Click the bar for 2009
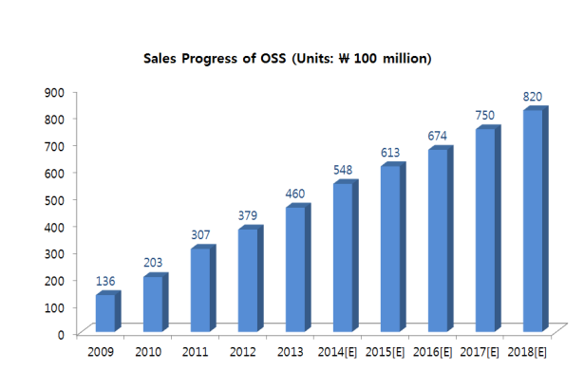(x=105, y=313)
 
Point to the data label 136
(x=106, y=282)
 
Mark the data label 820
(x=533, y=97)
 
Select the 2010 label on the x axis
(x=149, y=353)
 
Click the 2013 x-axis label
(x=290, y=353)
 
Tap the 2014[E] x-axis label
(x=337, y=353)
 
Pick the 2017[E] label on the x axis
(x=480, y=353)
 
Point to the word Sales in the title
(x=161, y=59)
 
